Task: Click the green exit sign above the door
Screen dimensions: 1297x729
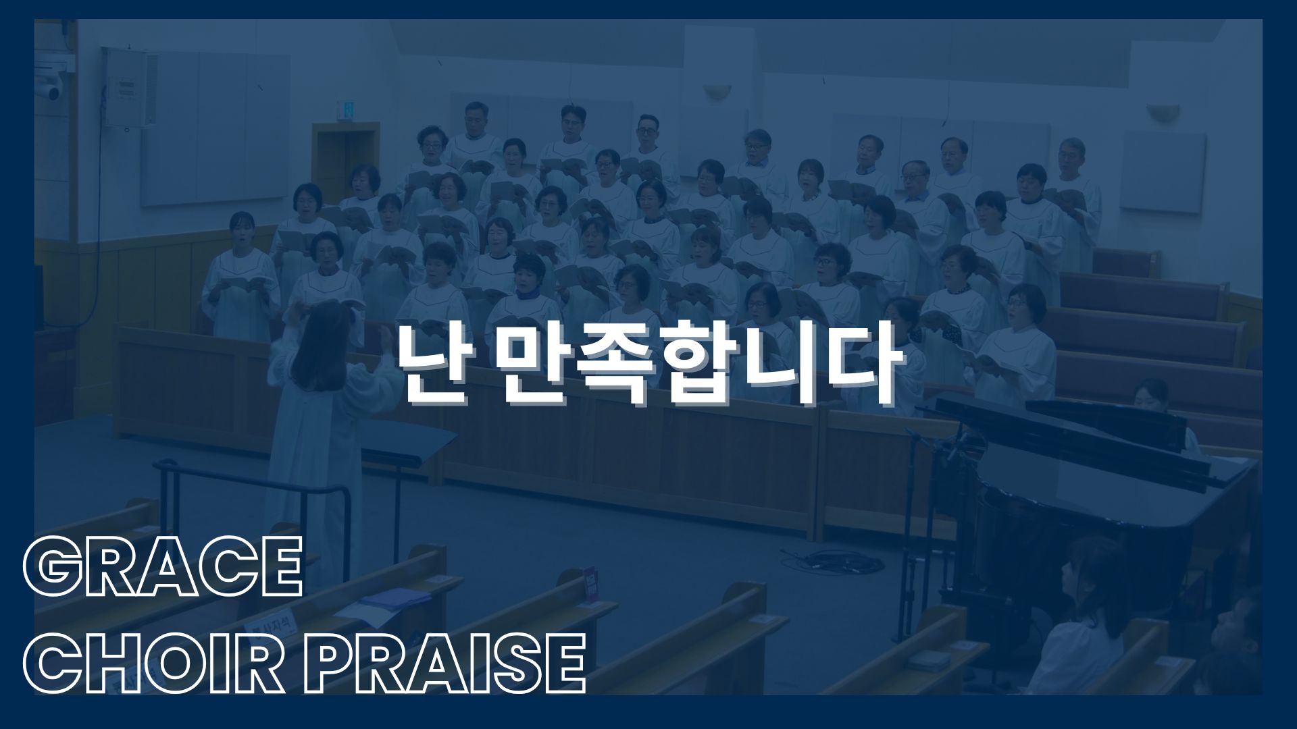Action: click(345, 110)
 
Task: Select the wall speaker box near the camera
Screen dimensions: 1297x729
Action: click(130, 88)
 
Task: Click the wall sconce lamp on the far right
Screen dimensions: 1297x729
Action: click(1163, 111)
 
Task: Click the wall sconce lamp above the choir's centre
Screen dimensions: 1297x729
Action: click(717, 92)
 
